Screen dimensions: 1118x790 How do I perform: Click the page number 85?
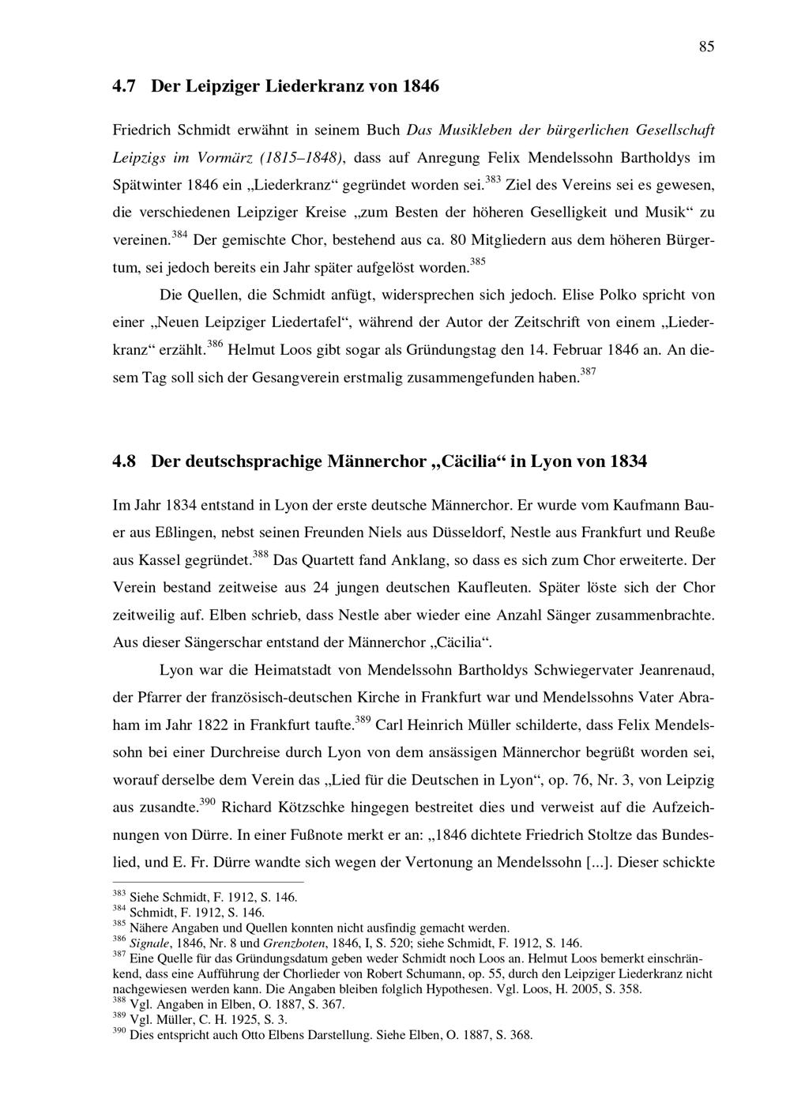click(706, 47)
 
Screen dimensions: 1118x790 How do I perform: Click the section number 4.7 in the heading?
click(126, 85)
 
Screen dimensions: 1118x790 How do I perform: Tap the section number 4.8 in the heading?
click(126, 461)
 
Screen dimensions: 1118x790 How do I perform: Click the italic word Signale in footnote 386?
click(149, 943)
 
